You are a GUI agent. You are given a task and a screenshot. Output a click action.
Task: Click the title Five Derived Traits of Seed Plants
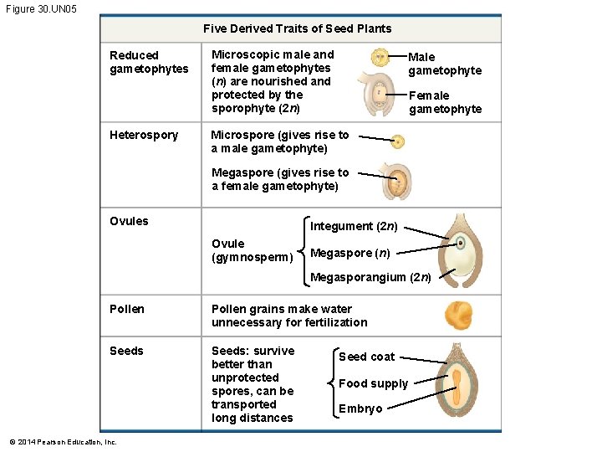[297, 28]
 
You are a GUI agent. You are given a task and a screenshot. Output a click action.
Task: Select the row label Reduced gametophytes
[149, 62]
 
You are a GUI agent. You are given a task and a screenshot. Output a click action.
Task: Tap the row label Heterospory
[144, 135]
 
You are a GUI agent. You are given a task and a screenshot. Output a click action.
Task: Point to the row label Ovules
[129, 221]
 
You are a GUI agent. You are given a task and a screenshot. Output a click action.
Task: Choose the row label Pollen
[127, 309]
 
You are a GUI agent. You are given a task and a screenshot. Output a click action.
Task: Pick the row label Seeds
[126, 351]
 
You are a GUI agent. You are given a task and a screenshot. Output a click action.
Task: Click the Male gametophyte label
[445, 64]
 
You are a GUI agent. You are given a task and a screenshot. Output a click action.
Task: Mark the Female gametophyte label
[445, 102]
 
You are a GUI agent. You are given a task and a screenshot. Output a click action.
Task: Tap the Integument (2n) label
[354, 226]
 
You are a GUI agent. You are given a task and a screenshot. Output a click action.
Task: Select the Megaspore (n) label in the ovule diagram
[349, 253]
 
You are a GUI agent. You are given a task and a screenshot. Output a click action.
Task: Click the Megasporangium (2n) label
[370, 278]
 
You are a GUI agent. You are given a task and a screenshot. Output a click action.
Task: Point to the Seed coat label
[366, 357]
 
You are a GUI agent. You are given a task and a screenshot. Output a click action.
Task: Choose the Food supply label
[373, 383]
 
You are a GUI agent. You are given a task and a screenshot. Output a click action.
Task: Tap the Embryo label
[360, 408]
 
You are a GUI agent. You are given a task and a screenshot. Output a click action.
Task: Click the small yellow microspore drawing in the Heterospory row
[398, 141]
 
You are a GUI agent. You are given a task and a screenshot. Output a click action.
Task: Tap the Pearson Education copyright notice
[63, 442]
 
